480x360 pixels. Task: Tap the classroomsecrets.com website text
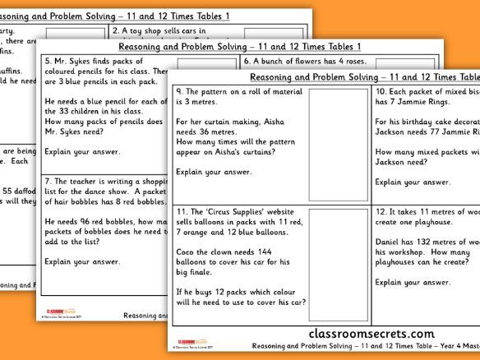(x=371, y=334)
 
